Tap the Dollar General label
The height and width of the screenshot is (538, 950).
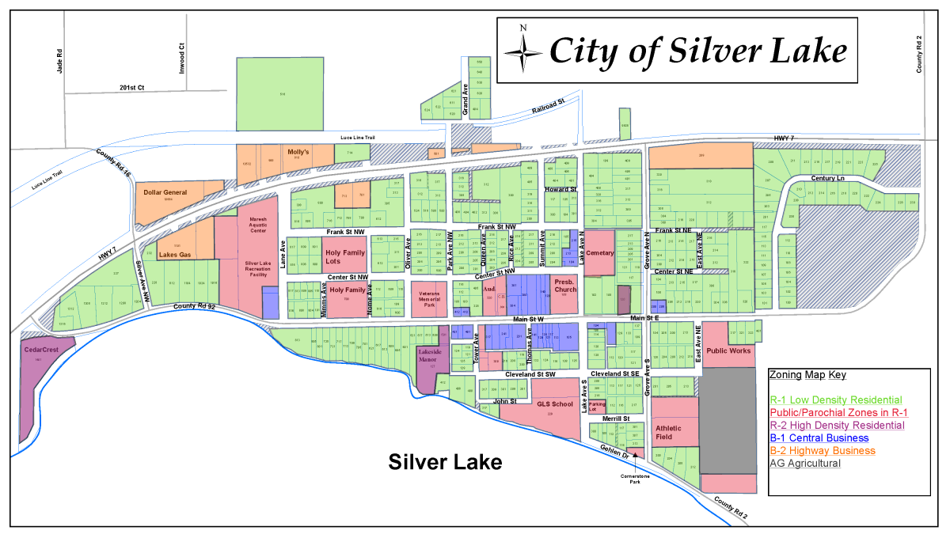tap(165, 192)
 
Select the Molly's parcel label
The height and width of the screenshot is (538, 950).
tap(298, 151)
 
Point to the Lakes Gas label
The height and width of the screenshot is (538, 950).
tap(175, 255)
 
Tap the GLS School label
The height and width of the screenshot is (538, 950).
tap(554, 404)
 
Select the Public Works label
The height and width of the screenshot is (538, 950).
tap(728, 350)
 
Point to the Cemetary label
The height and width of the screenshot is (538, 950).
tap(600, 253)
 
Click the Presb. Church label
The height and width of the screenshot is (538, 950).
tap(565, 286)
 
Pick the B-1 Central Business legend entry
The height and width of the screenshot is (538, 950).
tap(819, 438)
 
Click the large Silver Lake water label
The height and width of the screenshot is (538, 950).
tap(445, 462)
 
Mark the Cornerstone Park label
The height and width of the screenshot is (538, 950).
tap(635, 477)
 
